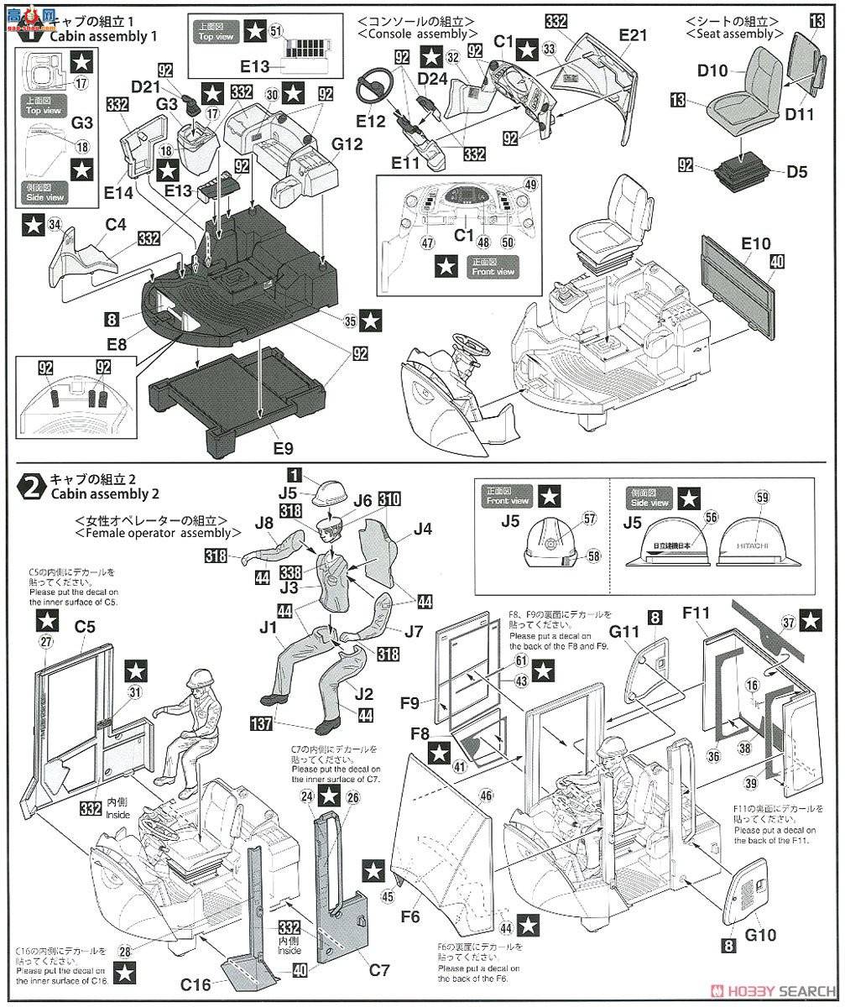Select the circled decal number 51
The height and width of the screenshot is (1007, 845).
coord(276,29)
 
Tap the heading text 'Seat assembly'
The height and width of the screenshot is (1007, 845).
coord(728,34)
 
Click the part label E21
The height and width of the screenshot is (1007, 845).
coord(635,35)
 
